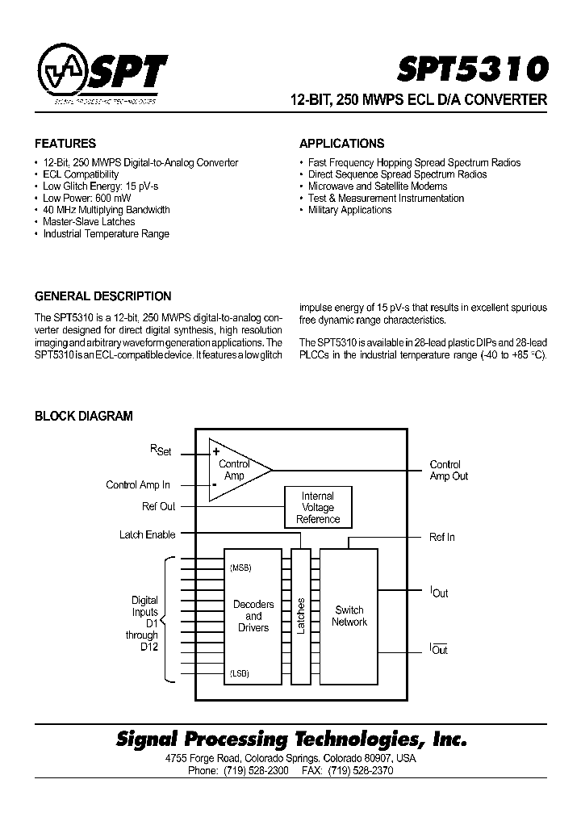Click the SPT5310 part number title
472,69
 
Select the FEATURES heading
65,144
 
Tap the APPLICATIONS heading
341,144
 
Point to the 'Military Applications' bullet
349,210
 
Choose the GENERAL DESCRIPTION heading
102,296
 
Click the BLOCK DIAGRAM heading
83,417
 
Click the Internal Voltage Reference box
318,508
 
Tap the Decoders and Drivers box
253,616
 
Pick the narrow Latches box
300,616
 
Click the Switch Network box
349,616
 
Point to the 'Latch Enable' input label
147,534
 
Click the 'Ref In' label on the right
441,537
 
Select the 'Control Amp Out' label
448,471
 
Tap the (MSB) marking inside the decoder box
240,568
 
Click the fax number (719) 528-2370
361,771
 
